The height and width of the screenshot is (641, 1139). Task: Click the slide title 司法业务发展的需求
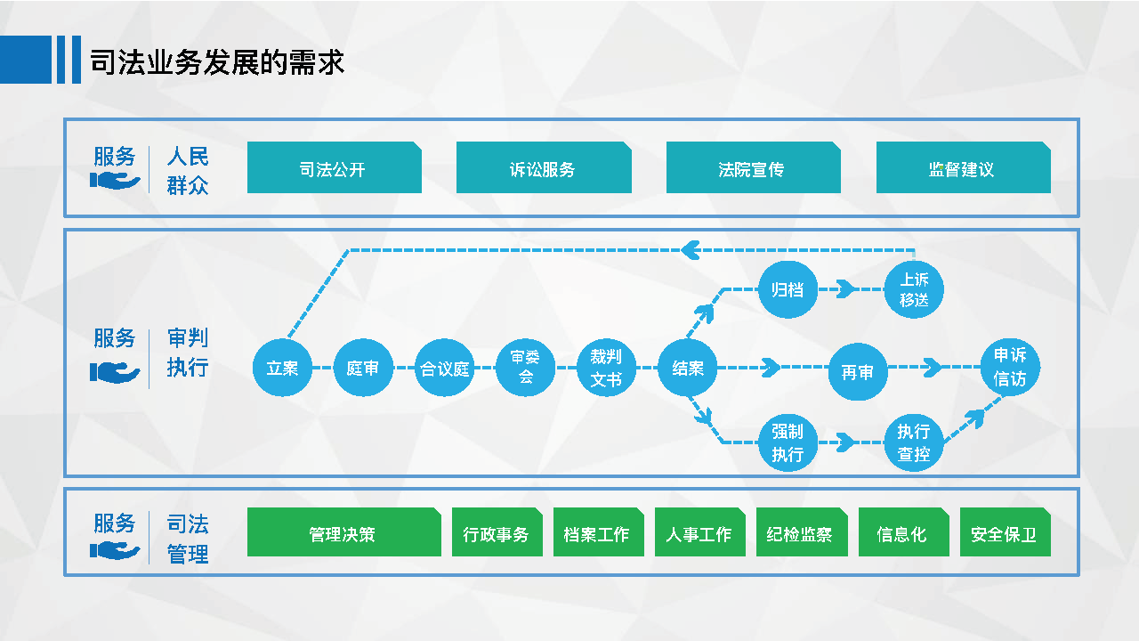click(x=217, y=62)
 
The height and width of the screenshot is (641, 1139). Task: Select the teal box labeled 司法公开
click(x=334, y=167)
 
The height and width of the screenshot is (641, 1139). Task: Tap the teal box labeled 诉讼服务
click(x=544, y=167)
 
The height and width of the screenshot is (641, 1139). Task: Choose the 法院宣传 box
click(x=753, y=167)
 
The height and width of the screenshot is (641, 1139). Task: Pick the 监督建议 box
click(x=963, y=167)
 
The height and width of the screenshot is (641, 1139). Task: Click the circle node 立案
click(x=282, y=368)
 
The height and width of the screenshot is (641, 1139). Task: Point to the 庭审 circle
click(x=363, y=368)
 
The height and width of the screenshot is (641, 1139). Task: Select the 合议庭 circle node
click(x=444, y=368)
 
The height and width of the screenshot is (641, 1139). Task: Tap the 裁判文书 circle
click(x=606, y=368)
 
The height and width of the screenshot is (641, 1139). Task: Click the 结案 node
click(x=688, y=368)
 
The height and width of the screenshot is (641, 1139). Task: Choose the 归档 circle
click(x=788, y=289)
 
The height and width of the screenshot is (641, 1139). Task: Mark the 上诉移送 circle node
click(x=914, y=289)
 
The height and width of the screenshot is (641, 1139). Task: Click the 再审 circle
click(x=858, y=371)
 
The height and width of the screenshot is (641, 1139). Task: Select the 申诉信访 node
click(x=1010, y=367)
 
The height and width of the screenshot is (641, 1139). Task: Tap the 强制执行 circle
click(x=788, y=442)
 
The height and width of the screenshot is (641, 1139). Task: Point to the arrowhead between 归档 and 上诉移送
click(x=845, y=289)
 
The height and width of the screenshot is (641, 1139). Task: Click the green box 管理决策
click(x=343, y=531)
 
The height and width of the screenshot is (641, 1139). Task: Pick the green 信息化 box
click(x=903, y=531)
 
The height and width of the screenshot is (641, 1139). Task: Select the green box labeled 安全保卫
click(x=1006, y=531)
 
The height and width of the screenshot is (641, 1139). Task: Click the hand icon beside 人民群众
click(x=115, y=181)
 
